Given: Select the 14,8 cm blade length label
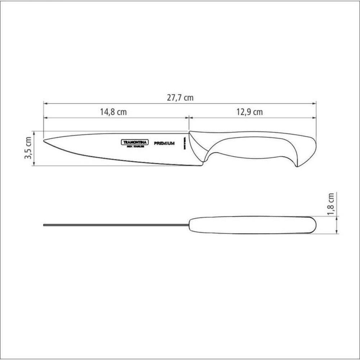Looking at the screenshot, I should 113,112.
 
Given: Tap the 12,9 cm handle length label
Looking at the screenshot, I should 249,112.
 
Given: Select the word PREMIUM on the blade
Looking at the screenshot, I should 165,143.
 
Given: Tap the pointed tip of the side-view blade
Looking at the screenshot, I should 45,140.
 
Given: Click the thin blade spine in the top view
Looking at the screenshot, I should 115,225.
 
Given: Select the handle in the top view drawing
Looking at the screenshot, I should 252,225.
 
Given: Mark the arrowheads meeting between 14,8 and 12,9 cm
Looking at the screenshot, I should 188,117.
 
